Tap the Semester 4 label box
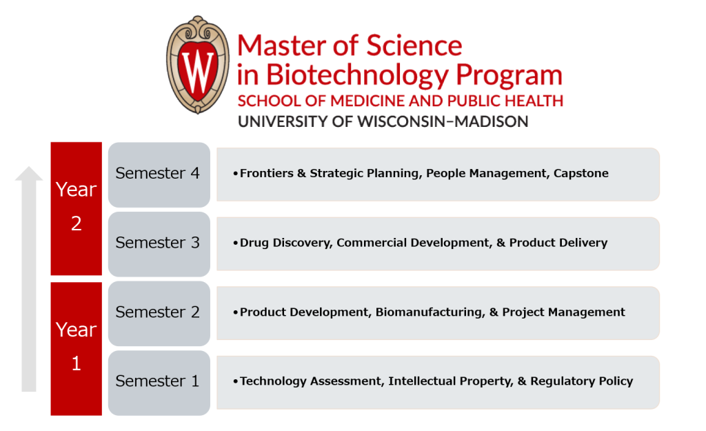pos(159,174)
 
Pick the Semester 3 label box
pos(159,243)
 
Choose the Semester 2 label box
pos(159,312)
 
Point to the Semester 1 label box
pos(159,382)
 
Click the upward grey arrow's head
pos(29,177)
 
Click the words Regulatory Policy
pos(582,381)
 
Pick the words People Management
pos(487,174)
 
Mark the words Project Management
pos(564,312)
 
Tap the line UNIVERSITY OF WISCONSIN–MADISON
pos(383,122)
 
